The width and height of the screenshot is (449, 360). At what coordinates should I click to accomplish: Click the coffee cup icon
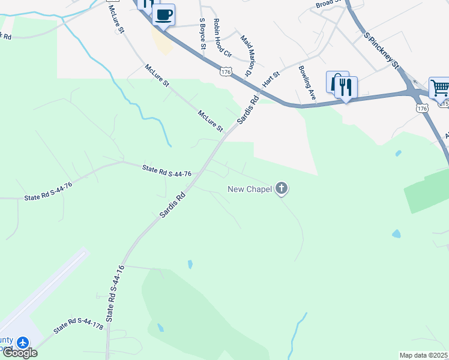pos(163,14)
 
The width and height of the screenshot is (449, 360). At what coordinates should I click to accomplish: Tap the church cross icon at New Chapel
pos(282,189)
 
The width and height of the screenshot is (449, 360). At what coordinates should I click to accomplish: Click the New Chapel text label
pos(249,190)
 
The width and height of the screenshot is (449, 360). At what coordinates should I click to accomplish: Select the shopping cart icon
pos(439,88)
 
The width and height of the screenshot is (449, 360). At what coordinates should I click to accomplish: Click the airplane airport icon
pos(23,343)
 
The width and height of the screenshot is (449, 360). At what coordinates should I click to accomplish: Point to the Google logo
pos(19,353)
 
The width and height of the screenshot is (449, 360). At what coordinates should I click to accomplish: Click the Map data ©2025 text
pos(423,355)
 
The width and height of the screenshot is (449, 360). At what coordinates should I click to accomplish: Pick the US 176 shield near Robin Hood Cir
pos(226,71)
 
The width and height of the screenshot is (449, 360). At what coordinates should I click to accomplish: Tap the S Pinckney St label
pos(382,50)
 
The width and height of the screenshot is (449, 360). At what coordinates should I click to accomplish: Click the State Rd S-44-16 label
pos(116,294)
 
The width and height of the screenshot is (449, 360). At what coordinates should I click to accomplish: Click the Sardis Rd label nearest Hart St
pos(247,110)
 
